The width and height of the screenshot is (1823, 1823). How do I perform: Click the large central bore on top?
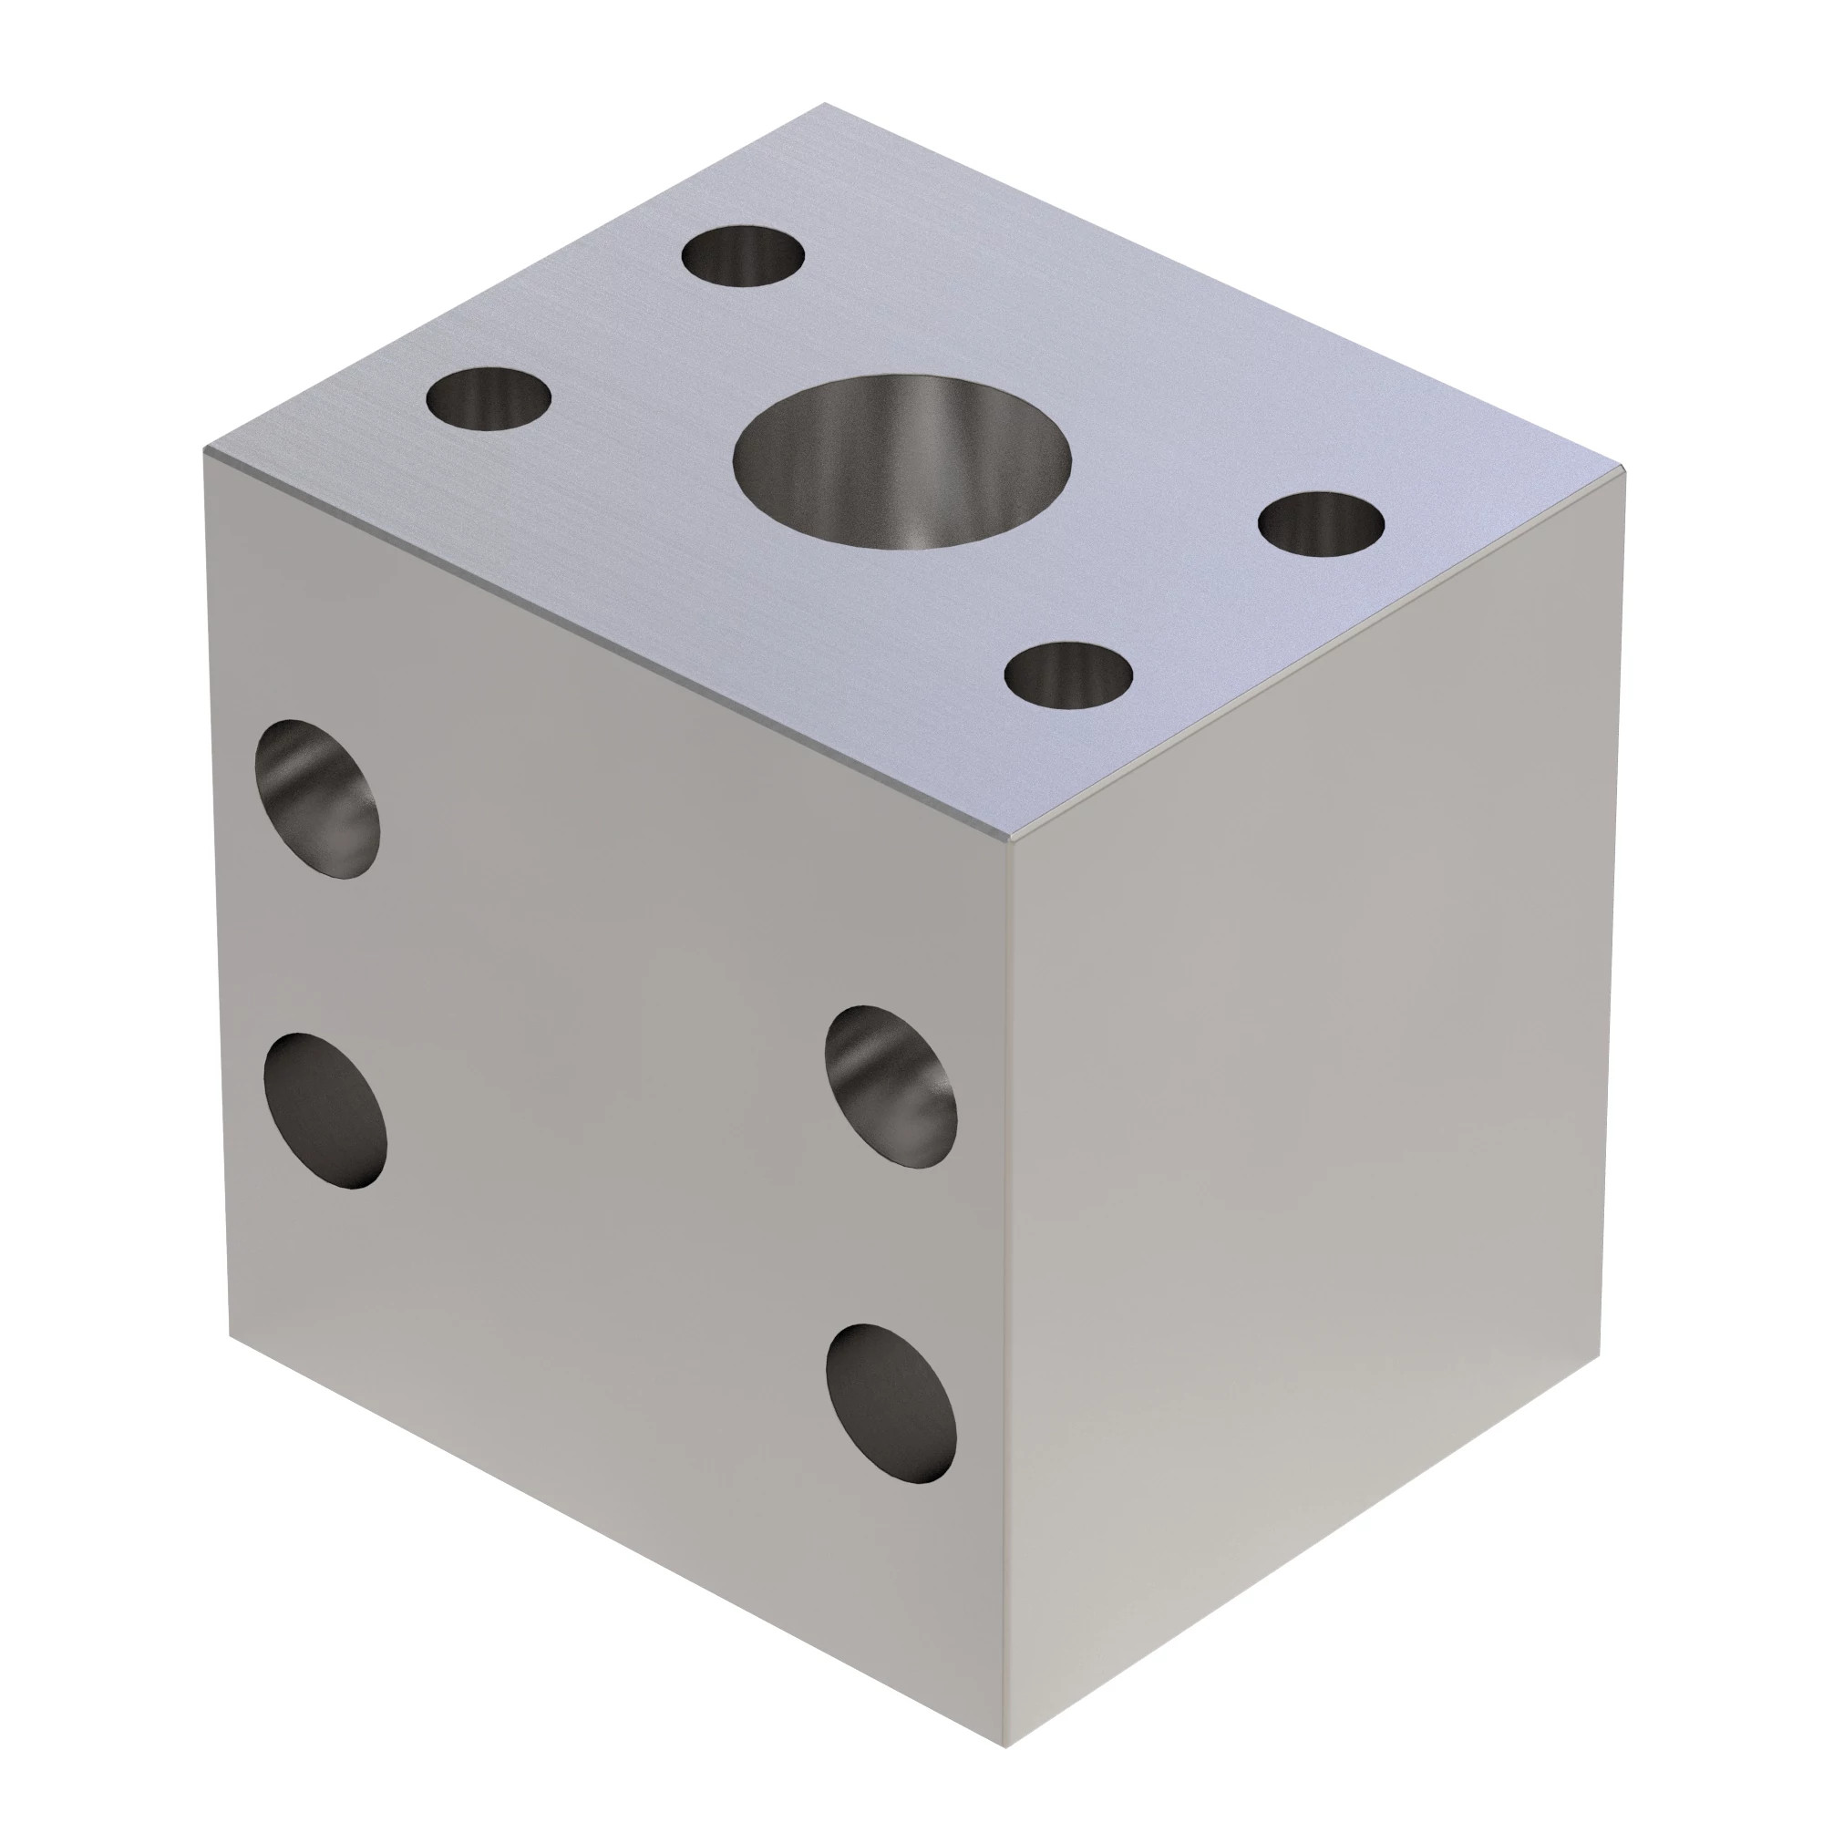coord(902,462)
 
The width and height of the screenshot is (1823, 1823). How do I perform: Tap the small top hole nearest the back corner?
coord(744,256)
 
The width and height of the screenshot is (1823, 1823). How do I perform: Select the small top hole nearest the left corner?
coord(488,398)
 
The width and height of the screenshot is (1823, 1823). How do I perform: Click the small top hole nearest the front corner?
coord(1068,673)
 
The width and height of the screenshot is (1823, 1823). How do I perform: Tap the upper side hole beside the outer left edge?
coord(318,799)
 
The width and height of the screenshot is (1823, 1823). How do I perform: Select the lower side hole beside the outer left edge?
coord(325,1109)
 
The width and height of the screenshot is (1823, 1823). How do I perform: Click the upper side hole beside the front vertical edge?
coord(890,1087)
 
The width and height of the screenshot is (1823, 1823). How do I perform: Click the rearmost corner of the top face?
coord(825,104)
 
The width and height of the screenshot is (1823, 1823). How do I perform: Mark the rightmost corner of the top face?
coord(1625,467)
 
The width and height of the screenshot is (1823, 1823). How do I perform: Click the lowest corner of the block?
coord(1006,1720)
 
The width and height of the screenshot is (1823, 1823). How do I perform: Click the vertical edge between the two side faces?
coord(1007,1274)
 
